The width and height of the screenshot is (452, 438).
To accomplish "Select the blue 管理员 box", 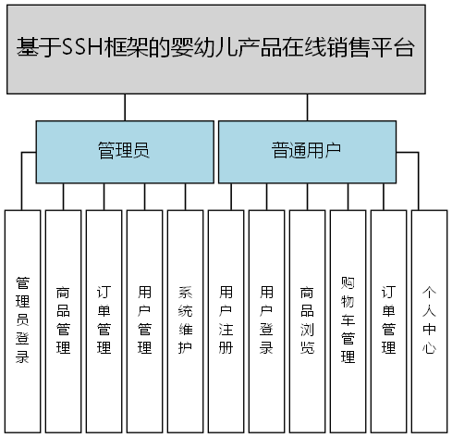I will pyautogui.click(x=124, y=151).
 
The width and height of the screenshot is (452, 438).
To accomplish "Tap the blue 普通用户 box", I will pyautogui.click(x=306, y=151).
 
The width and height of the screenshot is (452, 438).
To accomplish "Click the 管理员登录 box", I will pyautogui.click(x=22, y=319).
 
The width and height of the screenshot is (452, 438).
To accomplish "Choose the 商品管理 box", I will pyautogui.click(x=63, y=319).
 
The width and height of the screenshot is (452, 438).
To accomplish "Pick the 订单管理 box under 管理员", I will pyautogui.click(x=104, y=319).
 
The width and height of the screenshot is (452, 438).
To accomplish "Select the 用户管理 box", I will pyautogui.click(x=144, y=319).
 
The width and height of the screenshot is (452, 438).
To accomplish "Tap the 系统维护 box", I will pyautogui.click(x=185, y=319).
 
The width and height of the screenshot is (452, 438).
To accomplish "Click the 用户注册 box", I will pyautogui.click(x=226, y=319).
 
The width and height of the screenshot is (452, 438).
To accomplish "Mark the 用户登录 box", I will pyautogui.click(x=266, y=319).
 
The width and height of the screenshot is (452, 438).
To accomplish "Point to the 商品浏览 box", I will pyautogui.click(x=307, y=319).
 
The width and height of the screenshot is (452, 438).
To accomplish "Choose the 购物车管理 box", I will pyautogui.click(x=348, y=319).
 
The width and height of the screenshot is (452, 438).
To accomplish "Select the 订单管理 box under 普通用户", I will pyautogui.click(x=388, y=319).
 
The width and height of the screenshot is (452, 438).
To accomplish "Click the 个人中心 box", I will pyautogui.click(x=429, y=319).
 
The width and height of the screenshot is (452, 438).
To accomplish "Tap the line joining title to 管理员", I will pyautogui.click(x=125, y=107).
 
